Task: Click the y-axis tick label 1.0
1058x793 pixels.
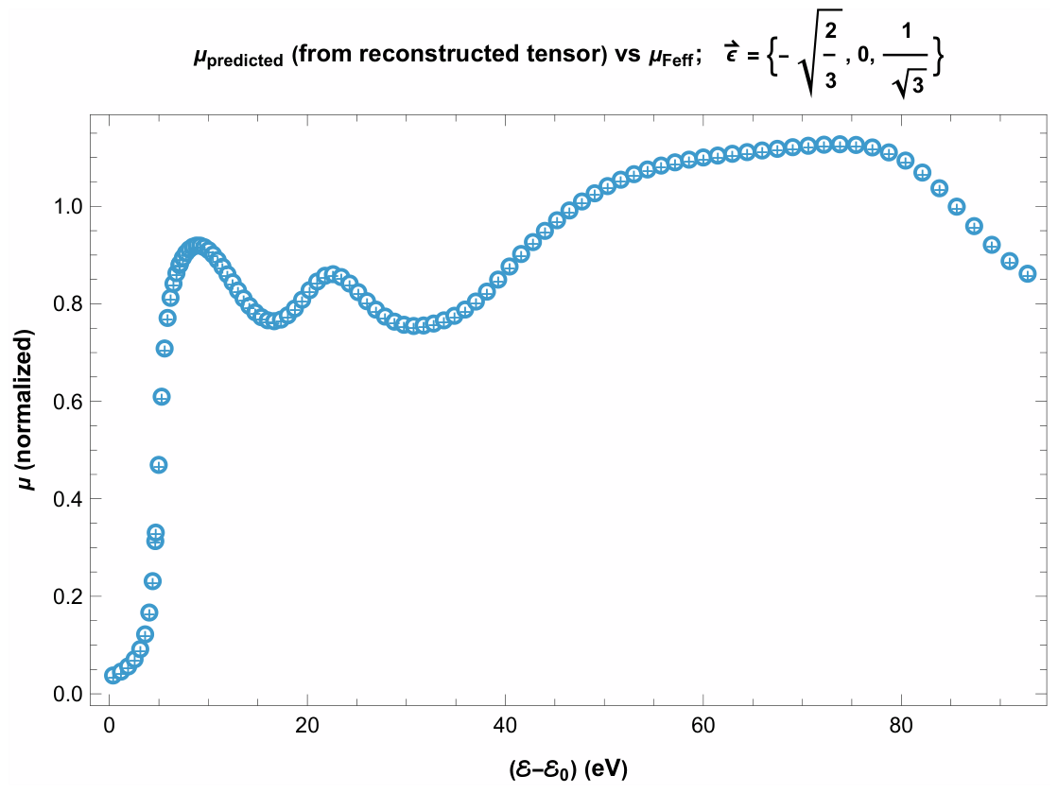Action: point(66,206)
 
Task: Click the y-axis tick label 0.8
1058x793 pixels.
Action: point(66,304)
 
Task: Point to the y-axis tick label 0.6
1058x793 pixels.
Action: point(66,402)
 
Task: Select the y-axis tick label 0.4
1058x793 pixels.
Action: point(66,500)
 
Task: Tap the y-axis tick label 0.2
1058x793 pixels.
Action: point(66,597)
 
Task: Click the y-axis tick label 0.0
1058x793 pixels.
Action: point(66,695)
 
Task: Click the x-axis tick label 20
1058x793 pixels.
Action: point(307,726)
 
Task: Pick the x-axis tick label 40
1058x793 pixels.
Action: point(506,726)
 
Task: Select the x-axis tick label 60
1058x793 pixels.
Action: point(703,726)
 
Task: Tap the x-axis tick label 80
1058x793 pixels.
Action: point(901,726)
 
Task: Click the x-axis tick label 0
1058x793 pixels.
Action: point(110,726)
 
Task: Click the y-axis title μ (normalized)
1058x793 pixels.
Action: point(26,410)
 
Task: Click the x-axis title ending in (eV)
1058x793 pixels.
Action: point(568,768)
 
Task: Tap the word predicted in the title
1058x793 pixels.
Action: point(245,61)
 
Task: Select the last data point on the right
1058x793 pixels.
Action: point(1027,274)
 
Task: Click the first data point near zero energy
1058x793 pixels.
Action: point(113,675)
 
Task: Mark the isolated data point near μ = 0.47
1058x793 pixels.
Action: point(159,465)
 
